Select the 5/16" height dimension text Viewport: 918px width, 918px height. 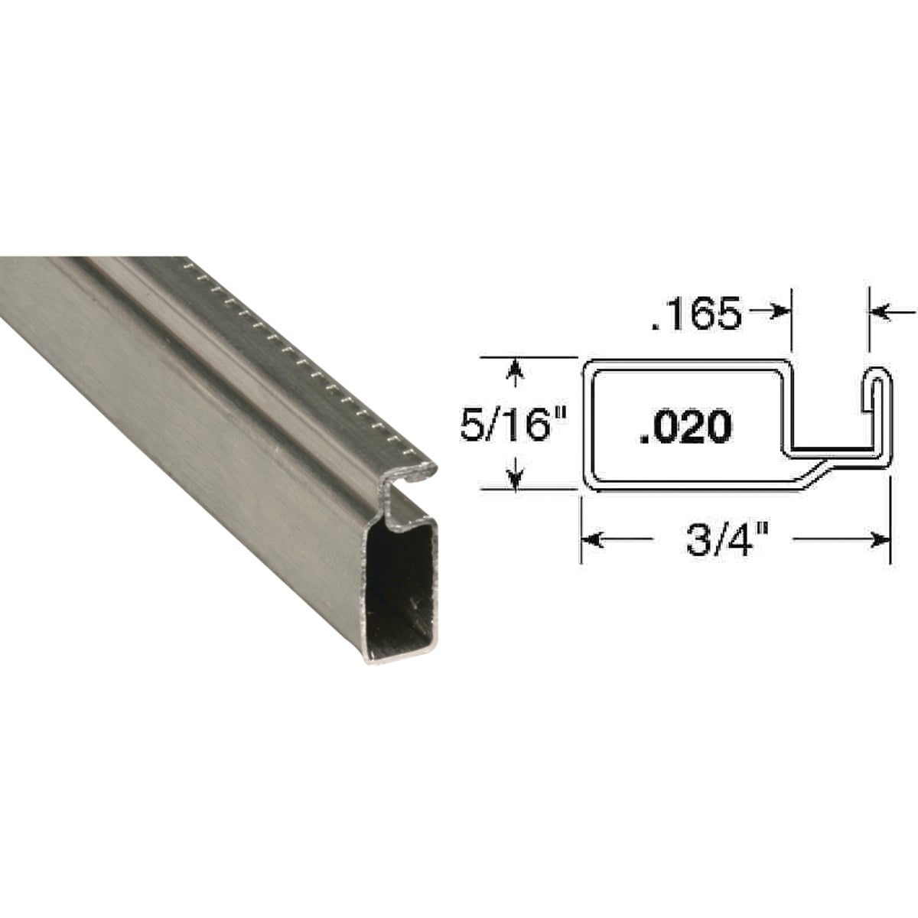tap(506, 424)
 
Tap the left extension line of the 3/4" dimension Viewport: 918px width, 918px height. tap(581, 528)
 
